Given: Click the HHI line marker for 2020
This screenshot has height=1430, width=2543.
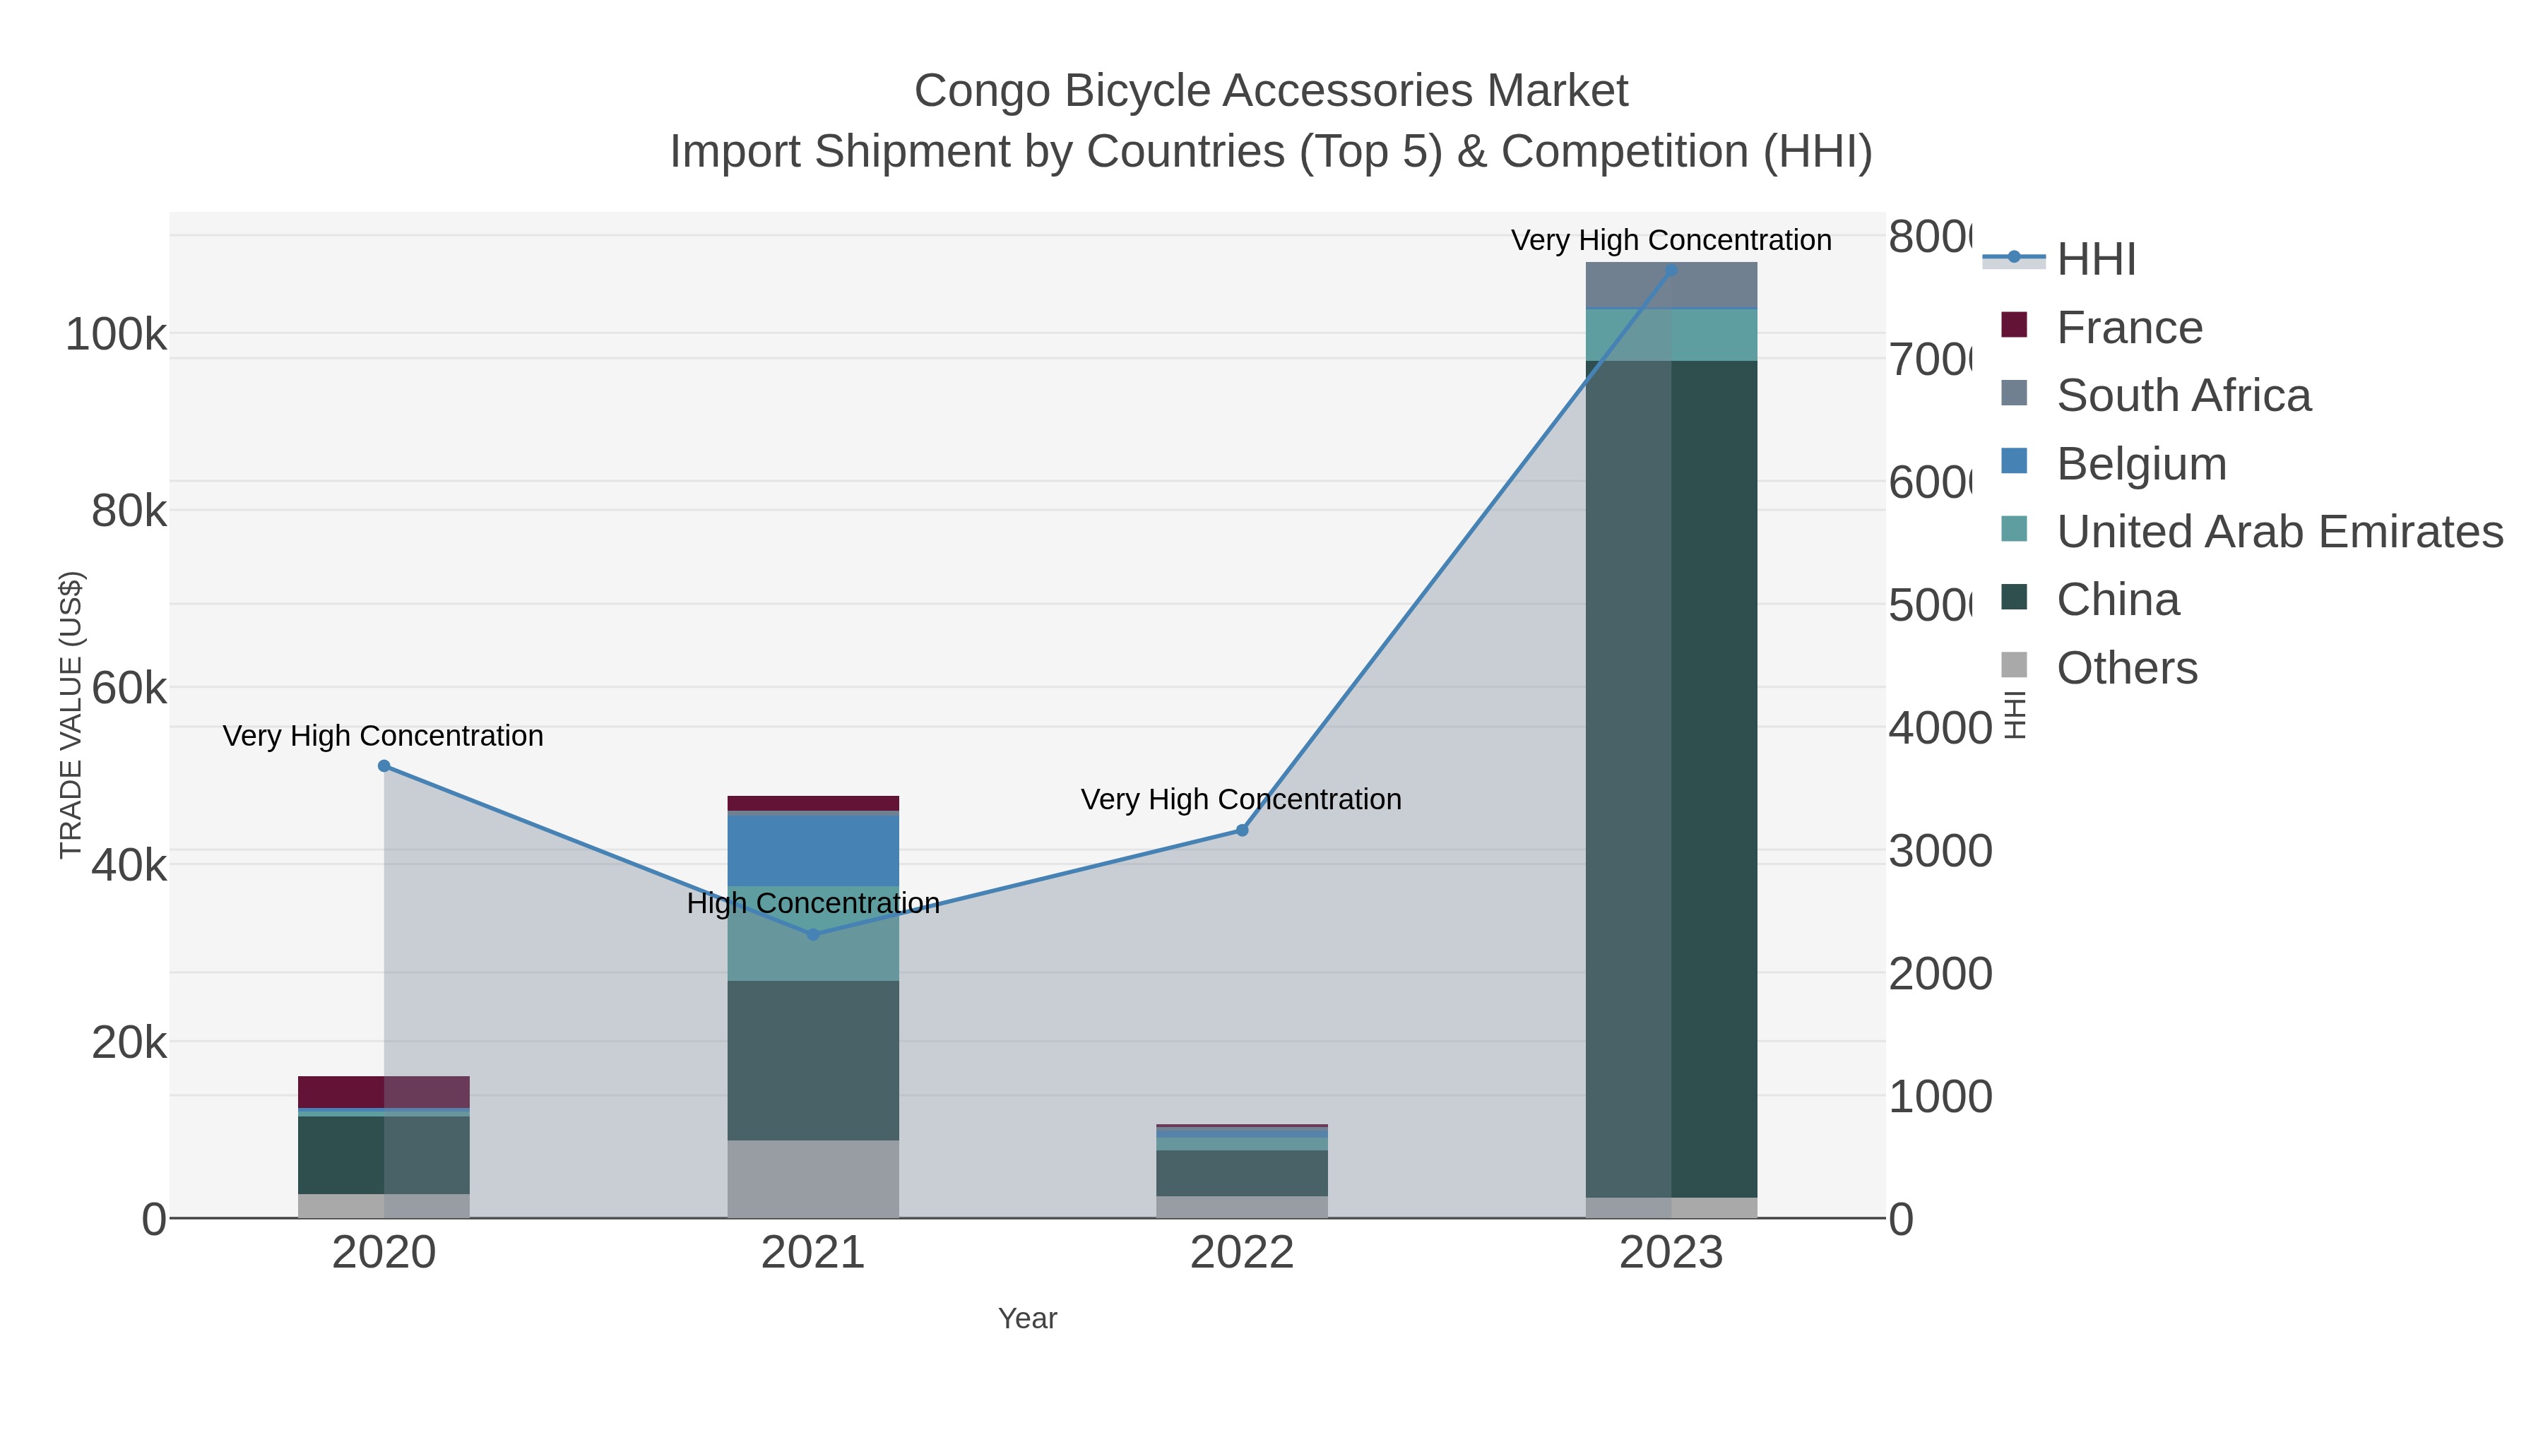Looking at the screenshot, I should coord(384,765).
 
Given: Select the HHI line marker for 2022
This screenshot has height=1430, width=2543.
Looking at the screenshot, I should coord(1242,830).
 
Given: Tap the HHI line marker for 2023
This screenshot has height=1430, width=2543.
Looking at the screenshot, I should coord(1671,270).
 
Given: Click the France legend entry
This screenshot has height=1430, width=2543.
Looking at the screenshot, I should coord(2128,327).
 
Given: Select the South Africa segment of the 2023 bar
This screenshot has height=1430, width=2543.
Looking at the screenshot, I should coord(1671,286).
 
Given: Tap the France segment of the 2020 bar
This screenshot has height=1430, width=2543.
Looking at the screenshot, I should coord(384,1092).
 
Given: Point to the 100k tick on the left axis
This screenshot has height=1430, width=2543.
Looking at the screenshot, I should coord(116,335).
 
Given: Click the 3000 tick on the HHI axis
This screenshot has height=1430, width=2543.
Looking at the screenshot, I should coord(1940,852).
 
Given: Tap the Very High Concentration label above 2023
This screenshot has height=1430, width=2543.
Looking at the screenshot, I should coord(1671,240).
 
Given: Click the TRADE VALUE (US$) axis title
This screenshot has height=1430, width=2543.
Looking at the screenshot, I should coord(71,715).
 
